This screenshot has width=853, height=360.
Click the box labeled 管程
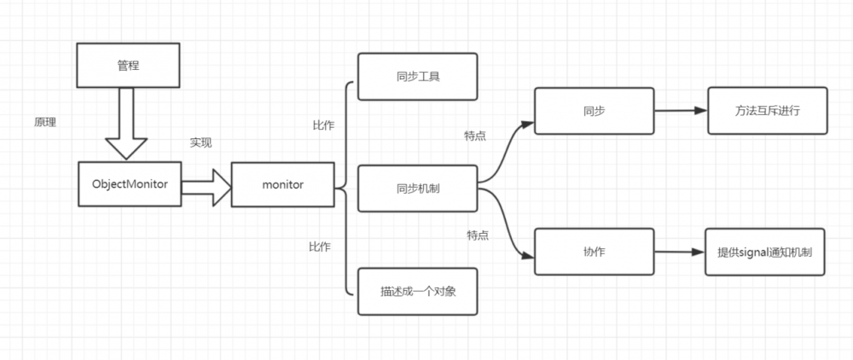(x=127, y=66)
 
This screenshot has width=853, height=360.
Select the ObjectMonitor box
(x=129, y=183)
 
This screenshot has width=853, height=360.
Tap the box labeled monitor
(x=282, y=183)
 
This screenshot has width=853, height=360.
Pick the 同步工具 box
(x=417, y=77)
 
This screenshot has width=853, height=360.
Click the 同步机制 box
(x=417, y=188)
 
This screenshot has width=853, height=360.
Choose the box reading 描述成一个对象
(x=417, y=291)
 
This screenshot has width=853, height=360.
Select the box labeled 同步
(x=593, y=111)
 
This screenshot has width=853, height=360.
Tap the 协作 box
(x=593, y=251)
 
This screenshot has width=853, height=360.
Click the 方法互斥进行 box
(x=767, y=111)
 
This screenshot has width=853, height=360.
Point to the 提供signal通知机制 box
(x=765, y=252)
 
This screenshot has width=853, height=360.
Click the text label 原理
(x=44, y=123)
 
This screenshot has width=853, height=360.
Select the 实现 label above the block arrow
(x=200, y=142)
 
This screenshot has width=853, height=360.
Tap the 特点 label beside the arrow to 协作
(x=478, y=235)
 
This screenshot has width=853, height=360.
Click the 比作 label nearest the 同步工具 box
(x=323, y=125)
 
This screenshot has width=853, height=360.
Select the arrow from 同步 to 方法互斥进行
(x=679, y=111)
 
